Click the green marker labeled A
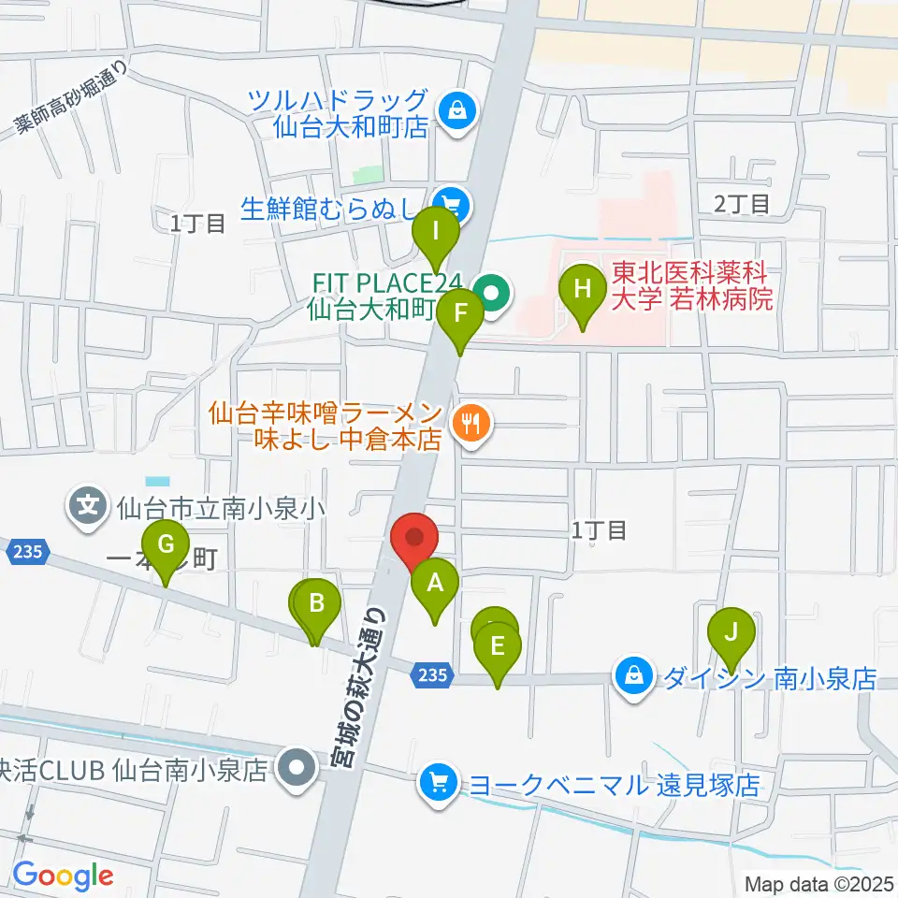coord(435,586)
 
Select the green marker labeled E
coord(498,646)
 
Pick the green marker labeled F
coord(459,314)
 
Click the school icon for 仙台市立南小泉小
coord(88,509)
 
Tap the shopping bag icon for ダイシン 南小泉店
coord(634,676)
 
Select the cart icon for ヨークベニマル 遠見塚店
coord(438,784)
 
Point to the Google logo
coord(63,876)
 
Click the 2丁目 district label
coord(741,203)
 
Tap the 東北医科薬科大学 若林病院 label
coord(692,286)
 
